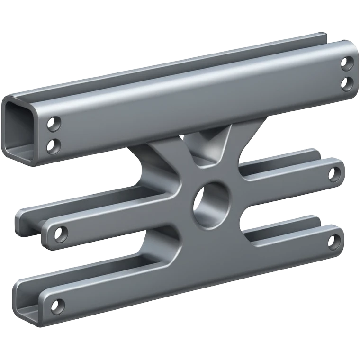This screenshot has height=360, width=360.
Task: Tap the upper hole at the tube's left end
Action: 54,124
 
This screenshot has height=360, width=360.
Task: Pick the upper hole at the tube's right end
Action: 346,63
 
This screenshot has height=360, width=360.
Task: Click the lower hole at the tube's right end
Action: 347,83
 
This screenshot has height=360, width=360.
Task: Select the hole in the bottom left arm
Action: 57,306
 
